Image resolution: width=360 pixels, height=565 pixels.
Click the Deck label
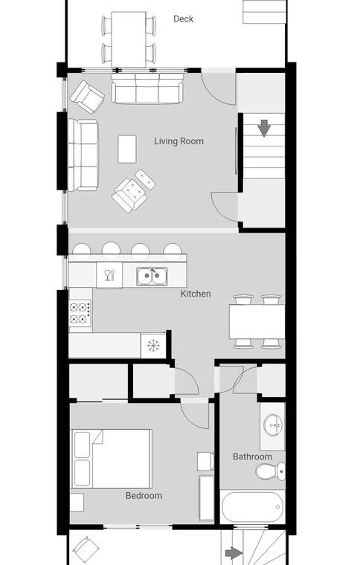[183, 19]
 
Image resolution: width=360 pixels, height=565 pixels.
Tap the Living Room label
[179, 141]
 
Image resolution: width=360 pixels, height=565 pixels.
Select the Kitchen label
[196, 294]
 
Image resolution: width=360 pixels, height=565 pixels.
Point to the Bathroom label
[252, 456]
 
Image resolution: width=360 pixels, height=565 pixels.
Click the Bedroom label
[144, 496]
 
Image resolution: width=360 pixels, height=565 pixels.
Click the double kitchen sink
[152, 277]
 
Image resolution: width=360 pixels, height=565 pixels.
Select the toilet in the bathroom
[271, 471]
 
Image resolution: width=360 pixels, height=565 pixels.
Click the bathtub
[252, 507]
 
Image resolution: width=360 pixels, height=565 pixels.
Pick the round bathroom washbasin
[274, 425]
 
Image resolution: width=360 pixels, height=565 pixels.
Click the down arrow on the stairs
[264, 128]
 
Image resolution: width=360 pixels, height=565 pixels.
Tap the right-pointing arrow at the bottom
[234, 553]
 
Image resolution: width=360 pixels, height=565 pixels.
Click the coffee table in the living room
[127, 149]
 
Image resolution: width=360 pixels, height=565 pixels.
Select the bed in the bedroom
[112, 459]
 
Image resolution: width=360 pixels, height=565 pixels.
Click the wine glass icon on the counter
[109, 275]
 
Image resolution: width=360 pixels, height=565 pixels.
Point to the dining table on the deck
[129, 39]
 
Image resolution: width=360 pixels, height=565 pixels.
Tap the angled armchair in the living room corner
[87, 97]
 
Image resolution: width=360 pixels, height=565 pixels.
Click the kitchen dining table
[257, 322]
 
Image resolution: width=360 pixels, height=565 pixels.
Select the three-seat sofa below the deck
[147, 88]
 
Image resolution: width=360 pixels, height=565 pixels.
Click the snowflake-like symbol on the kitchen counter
[153, 345]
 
